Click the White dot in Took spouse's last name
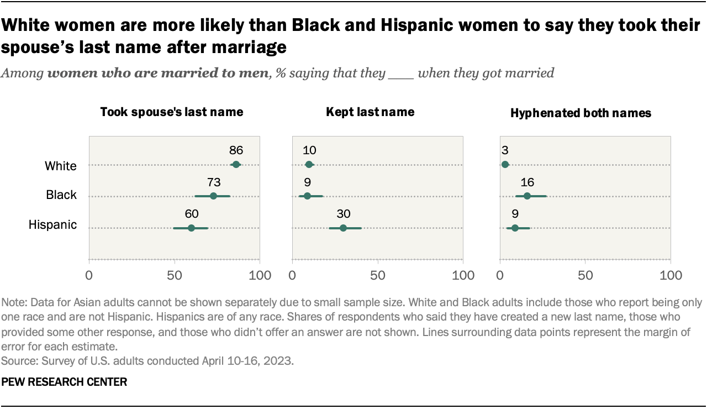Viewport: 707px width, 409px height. [236, 164]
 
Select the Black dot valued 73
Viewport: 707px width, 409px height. [213, 196]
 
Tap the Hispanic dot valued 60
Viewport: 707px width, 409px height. [191, 228]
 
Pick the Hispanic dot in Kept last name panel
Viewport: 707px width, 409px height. [343, 228]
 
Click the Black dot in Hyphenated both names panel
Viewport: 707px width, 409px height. [527, 196]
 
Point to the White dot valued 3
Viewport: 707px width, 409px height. [505, 164]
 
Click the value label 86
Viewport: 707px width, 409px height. [236, 150]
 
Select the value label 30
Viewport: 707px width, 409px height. [343, 214]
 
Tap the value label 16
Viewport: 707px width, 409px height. [527, 182]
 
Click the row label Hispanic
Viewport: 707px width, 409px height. [52, 225]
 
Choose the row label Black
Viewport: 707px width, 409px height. [61, 195]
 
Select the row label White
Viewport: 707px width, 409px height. [61, 165]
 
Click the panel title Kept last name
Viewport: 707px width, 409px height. [370, 112]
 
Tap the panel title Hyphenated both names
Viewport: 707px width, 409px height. [581, 113]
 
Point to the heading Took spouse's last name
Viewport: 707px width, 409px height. [171, 112]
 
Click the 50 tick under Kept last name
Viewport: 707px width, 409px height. [377, 275]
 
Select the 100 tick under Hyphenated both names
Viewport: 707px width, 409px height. [671, 275]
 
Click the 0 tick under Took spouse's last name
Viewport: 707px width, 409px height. [89, 275]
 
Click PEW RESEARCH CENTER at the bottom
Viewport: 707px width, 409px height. [65, 382]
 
